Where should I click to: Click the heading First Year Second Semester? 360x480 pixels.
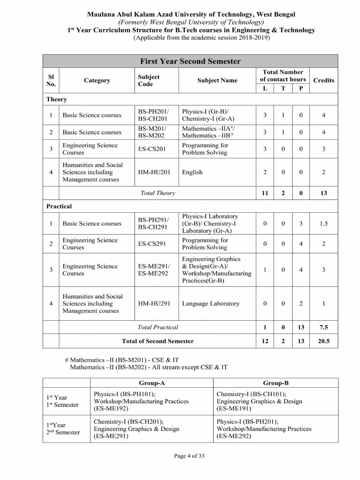(x=190, y=61)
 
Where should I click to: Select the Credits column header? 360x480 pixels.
(x=323, y=80)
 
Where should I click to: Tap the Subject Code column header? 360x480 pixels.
(x=149, y=80)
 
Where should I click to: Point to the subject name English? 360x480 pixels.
(x=192, y=172)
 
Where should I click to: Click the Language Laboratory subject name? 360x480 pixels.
(x=210, y=304)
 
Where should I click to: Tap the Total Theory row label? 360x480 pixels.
(x=157, y=193)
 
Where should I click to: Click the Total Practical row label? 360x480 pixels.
(x=157, y=327)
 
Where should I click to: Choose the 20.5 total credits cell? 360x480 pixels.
(x=323, y=341)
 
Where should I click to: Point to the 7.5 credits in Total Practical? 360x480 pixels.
(x=323, y=327)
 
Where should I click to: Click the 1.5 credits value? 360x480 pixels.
(x=323, y=224)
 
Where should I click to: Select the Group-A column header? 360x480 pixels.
(x=152, y=382)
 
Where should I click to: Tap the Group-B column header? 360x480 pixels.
(x=275, y=382)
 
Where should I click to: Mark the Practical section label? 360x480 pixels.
(x=59, y=206)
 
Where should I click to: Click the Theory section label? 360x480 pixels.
(x=57, y=99)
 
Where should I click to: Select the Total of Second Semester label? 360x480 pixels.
(x=157, y=341)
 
